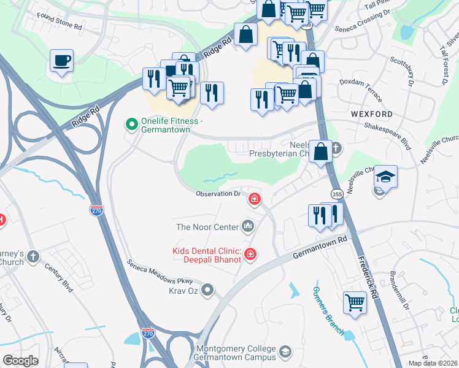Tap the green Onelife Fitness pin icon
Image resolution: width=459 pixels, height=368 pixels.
131,125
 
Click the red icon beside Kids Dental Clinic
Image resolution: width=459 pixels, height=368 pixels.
250,253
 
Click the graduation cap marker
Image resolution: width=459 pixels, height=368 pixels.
385,177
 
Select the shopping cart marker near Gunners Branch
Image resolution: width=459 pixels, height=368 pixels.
355,302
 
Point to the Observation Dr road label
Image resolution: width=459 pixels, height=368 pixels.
218,194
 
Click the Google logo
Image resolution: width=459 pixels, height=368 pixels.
20,361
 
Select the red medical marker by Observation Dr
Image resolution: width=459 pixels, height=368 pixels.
253,199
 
